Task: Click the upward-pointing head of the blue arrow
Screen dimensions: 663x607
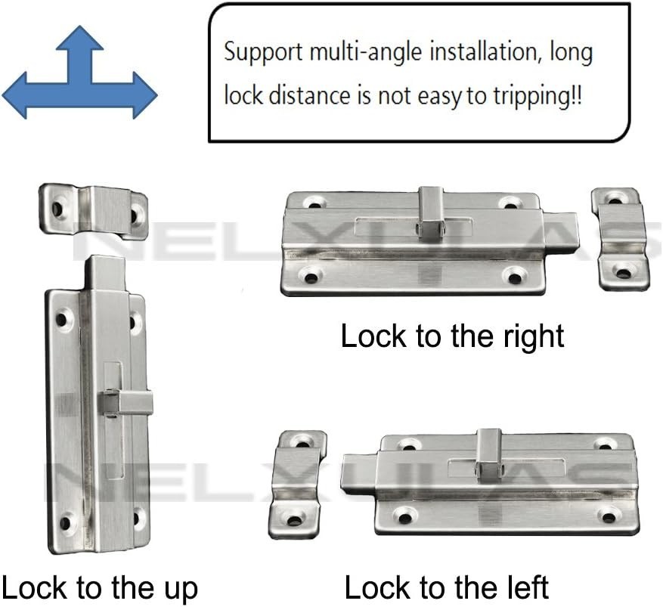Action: coord(80,39)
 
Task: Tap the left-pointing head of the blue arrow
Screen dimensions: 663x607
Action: coord(15,95)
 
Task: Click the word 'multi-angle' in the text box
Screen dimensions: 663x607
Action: coord(365,52)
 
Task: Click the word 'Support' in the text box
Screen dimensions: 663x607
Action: coord(263,53)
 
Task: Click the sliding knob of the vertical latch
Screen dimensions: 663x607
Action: coord(125,402)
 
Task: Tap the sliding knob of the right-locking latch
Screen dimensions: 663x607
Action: coord(431,212)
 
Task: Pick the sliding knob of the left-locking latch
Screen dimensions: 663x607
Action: coord(489,457)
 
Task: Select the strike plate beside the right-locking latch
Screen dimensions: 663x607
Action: coord(620,239)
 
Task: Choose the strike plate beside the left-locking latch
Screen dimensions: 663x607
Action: coord(298,485)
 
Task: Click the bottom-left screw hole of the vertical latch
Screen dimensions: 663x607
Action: coord(65,522)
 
